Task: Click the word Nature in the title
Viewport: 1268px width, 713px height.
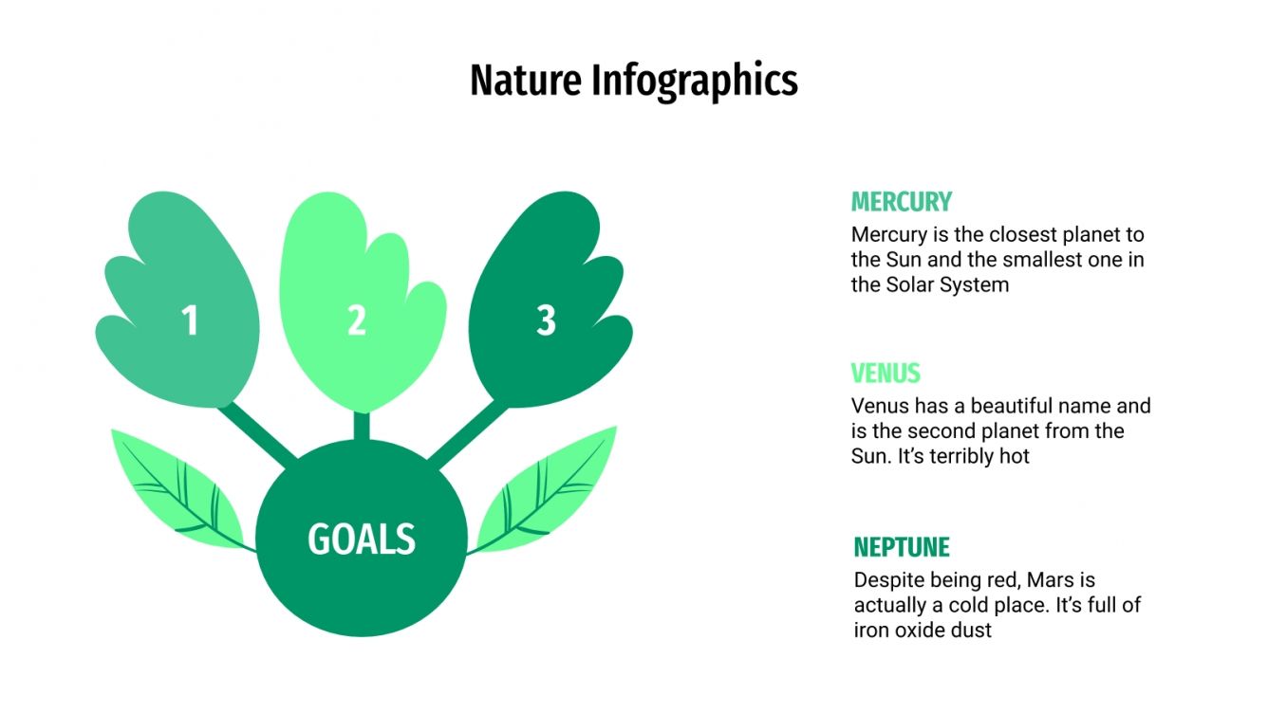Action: pyautogui.click(x=526, y=82)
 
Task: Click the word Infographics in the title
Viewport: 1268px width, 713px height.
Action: pyautogui.click(x=695, y=82)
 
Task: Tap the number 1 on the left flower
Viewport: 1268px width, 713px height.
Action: pyautogui.click(x=190, y=321)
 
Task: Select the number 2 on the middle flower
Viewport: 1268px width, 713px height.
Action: pyautogui.click(x=357, y=321)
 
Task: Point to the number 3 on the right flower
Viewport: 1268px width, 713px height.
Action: pyautogui.click(x=545, y=321)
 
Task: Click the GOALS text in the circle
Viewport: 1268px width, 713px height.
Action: pyautogui.click(x=362, y=539)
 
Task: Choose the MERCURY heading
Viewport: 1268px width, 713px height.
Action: pyautogui.click(x=901, y=202)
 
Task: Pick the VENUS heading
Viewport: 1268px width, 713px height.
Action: pyautogui.click(x=886, y=374)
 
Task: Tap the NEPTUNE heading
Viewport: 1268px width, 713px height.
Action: pyautogui.click(x=901, y=547)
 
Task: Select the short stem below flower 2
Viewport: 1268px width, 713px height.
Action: pyautogui.click(x=362, y=426)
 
